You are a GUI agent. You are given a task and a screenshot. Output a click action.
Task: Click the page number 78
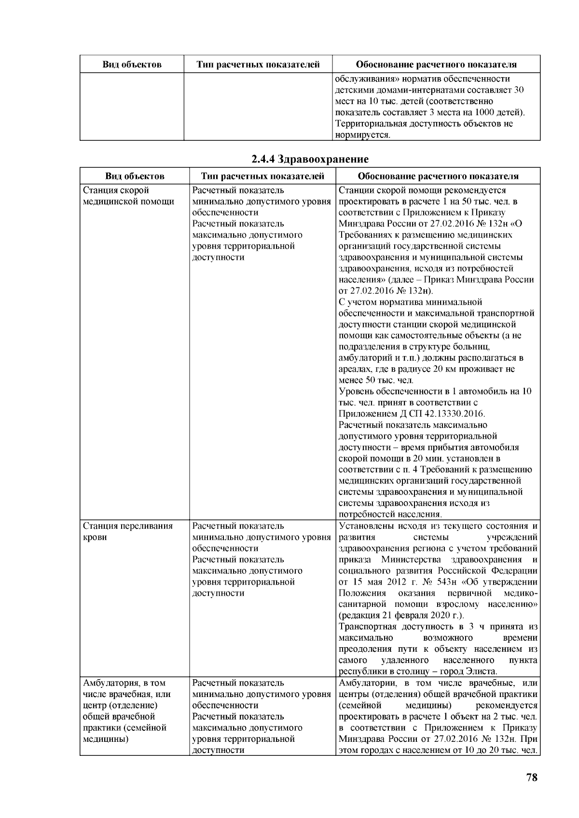point(531,777)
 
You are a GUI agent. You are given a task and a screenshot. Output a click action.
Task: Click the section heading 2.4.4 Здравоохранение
point(310,159)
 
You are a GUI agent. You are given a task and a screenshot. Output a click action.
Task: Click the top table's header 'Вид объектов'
point(132,65)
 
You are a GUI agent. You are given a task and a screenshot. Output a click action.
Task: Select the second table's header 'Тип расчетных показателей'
point(262,176)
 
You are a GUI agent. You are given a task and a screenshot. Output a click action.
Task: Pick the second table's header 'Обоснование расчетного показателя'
point(438,176)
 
